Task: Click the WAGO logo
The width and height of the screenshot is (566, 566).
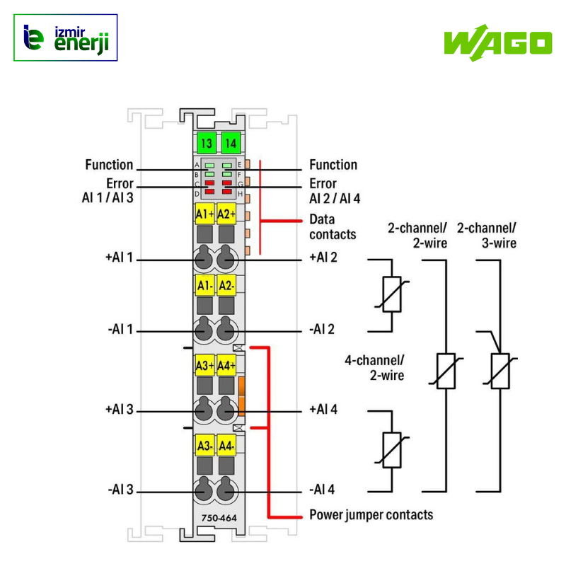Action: coord(497,42)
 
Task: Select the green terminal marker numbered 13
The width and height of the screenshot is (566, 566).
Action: coord(206,143)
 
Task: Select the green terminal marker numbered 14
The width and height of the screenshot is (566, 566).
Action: coord(230,143)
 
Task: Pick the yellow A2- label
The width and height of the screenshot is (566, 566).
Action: coord(226,286)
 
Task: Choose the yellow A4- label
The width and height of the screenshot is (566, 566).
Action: coord(226,446)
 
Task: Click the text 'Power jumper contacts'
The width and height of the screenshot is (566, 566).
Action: coord(371,514)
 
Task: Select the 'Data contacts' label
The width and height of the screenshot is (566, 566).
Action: coord(333,226)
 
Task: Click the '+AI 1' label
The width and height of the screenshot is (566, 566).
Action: coord(119,258)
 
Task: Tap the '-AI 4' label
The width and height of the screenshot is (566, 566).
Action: coord(323,490)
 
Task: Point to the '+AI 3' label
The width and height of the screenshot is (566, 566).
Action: coord(119,410)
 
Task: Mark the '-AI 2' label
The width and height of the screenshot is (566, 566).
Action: coord(323,330)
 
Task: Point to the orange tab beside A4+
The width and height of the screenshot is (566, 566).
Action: coord(241,396)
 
